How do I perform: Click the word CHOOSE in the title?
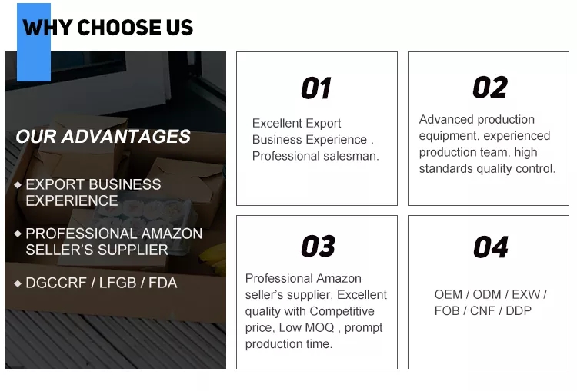119,28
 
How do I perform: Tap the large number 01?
316,88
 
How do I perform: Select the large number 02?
490,88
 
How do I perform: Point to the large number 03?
318,246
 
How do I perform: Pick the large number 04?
491,247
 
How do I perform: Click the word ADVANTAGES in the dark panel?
126,136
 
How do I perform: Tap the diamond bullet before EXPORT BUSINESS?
18,184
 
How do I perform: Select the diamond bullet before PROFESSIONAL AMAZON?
18,234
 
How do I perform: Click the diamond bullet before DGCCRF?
18,283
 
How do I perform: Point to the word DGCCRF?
56,283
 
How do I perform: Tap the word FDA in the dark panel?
162,283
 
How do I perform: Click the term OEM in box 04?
449,294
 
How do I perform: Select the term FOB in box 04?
446,311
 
